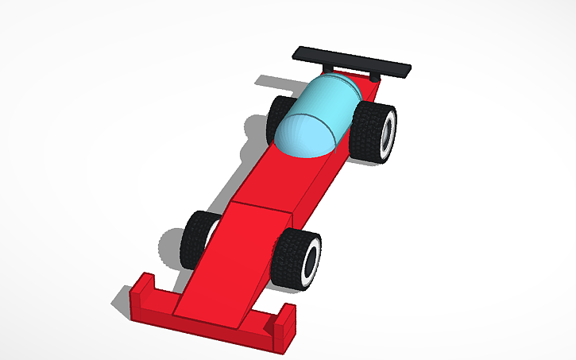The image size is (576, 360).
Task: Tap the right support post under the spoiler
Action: (374, 79)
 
